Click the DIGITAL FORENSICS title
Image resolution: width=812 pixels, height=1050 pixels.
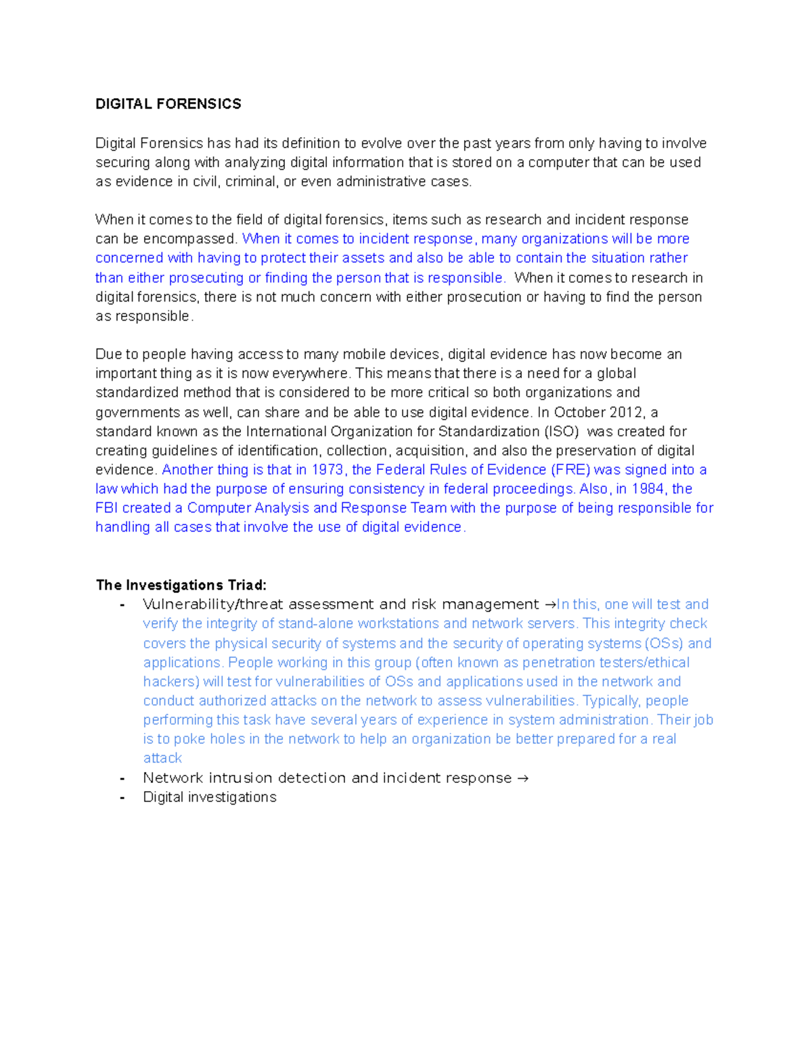(168, 104)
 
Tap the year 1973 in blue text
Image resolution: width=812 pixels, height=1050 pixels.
(328, 470)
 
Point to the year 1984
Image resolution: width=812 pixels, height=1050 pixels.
(648, 489)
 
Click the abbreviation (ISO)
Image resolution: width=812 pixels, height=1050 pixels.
(562, 431)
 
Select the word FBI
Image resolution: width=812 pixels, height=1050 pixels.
(107, 508)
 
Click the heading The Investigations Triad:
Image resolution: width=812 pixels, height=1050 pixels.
(181, 585)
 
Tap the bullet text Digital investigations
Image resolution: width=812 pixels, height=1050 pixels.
(210, 797)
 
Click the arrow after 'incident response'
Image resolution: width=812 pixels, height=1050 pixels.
(522, 778)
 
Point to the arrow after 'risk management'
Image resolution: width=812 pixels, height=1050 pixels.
(549, 604)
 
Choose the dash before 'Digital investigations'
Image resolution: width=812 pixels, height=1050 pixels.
(122, 797)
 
